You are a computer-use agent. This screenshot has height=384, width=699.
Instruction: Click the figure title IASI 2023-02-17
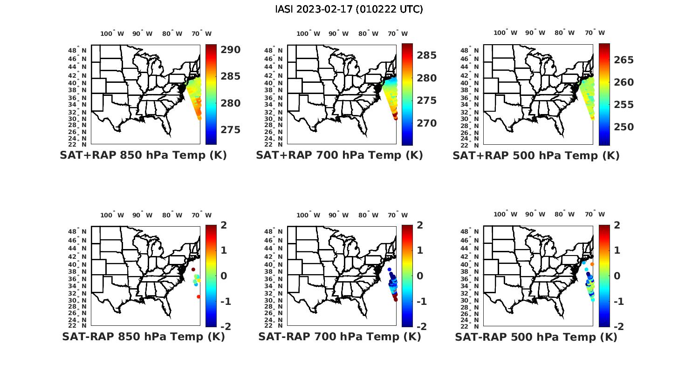[x=349, y=9]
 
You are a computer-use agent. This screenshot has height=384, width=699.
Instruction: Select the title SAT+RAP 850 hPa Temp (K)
[x=143, y=155]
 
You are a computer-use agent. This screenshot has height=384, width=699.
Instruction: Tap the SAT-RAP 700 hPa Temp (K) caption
[x=340, y=337]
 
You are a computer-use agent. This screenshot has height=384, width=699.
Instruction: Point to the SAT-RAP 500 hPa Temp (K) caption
[x=536, y=337]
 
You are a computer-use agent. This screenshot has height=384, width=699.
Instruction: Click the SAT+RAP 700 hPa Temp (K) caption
[x=339, y=155]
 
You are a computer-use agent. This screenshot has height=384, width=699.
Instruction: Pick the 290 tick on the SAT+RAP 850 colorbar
[x=230, y=50]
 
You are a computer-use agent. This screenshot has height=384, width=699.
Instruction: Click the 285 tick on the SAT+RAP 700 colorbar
[x=426, y=55]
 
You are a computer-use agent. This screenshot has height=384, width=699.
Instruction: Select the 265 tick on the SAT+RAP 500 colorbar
[x=624, y=60]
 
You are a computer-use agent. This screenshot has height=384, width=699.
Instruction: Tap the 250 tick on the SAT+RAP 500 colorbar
[x=624, y=127]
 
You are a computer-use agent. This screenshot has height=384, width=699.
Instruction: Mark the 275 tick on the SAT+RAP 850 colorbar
[x=230, y=130]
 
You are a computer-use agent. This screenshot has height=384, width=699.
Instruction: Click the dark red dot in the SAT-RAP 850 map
[x=193, y=269]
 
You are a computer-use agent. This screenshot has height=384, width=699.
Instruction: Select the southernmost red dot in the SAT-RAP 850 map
[x=199, y=296]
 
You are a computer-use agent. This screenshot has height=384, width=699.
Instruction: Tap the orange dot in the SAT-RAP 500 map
[x=592, y=264]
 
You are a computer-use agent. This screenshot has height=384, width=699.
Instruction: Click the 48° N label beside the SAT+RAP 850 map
[x=77, y=50]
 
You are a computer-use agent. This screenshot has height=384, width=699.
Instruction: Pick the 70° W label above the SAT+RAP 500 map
[x=595, y=33]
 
